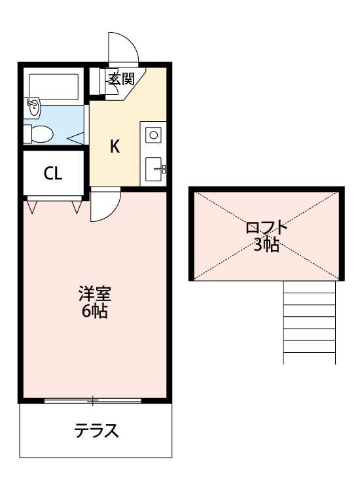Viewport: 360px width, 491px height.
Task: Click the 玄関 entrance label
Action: (121, 80)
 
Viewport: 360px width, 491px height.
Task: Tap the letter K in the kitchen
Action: (115, 147)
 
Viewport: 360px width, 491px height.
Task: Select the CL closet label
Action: (53, 173)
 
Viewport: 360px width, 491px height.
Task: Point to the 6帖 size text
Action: (95, 312)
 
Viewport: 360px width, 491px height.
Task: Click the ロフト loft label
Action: (266, 228)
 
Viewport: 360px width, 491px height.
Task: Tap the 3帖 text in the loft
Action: (266, 245)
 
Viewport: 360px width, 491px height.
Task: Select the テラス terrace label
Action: (96, 431)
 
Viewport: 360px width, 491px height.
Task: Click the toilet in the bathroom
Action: (39, 134)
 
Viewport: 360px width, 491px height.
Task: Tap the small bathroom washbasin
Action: (32, 106)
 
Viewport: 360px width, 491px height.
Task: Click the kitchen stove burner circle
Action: (154, 135)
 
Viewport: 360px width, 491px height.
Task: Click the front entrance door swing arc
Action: (124, 46)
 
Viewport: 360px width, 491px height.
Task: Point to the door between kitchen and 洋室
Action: (104, 204)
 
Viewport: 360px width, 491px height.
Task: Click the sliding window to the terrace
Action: (93, 399)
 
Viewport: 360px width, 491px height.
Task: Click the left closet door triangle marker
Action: (33, 207)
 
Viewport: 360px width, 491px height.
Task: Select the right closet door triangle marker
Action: (77, 207)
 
